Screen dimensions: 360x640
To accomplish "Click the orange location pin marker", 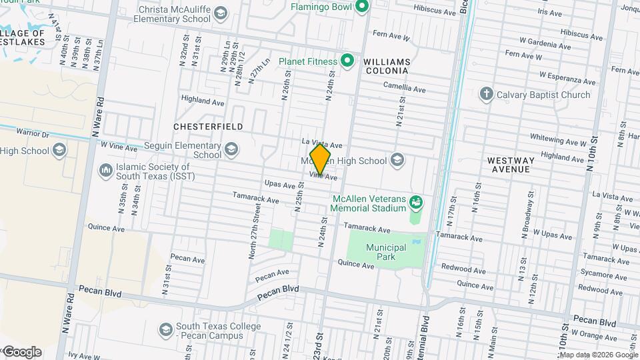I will (x=321, y=159).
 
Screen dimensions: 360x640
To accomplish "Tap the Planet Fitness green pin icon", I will (x=347, y=61).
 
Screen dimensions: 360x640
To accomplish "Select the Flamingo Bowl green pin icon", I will (x=362, y=7).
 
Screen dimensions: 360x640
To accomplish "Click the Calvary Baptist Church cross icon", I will (x=487, y=95).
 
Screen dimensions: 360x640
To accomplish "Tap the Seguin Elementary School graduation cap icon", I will (x=231, y=149).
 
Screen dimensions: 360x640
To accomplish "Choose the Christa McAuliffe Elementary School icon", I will (x=221, y=13).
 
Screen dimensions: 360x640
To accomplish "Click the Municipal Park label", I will (x=385, y=252).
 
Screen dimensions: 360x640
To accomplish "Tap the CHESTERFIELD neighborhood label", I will (x=207, y=126).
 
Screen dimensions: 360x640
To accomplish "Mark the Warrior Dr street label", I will (x=33, y=134).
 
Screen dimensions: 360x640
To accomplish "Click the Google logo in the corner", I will (x=22, y=352).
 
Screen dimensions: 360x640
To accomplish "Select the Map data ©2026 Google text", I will (x=598, y=355).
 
